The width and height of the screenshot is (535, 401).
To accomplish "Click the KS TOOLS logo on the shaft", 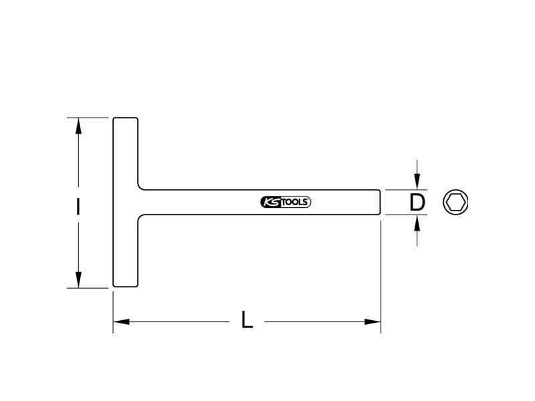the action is pyautogui.click(x=286, y=203).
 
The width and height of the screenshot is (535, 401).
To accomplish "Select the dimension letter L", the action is pyautogui.click(x=247, y=319).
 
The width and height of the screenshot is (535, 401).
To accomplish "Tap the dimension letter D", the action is pyautogui.click(x=417, y=203).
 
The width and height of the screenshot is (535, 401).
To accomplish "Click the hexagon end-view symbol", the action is pyautogui.click(x=455, y=203).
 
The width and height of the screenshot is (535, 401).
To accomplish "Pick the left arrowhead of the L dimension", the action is pyautogui.click(x=122, y=321).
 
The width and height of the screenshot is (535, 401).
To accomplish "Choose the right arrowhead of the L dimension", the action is pyautogui.click(x=372, y=321).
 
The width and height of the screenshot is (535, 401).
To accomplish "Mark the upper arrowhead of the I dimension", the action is pyautogui.click(x=78, y=126).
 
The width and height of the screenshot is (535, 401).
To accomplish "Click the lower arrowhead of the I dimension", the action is pyautogui.click(x=78, y=279).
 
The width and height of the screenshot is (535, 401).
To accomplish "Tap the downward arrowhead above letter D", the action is pyautogui.click(x=417, y=181).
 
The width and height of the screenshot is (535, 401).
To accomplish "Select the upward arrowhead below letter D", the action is pyautogui.click(x=417, y=223).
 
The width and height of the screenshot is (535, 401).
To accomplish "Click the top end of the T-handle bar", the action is pyautogui.click(x=126, y=118).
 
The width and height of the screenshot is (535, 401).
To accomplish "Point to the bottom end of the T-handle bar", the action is pyautogui.click(x=126, y=287).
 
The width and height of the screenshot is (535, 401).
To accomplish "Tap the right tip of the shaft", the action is pyautogui.click(x=380, y=203).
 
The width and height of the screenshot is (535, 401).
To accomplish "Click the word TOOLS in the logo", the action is pyautogui.click(x=295, y=203).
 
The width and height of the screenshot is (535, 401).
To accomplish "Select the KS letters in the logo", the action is pyautogui.click(x=271, y=203).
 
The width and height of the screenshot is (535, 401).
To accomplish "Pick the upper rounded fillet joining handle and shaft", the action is pyautogui.click(x=140, y=188).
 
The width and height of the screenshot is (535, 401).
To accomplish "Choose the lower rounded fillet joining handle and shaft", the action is pyautogui.click(x=140, y=217).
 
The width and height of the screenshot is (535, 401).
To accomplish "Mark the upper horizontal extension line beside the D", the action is pyautogui.click(x=406, y=190).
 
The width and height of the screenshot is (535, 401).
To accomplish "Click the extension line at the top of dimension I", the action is pyautogui.click(x=88, y=118).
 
